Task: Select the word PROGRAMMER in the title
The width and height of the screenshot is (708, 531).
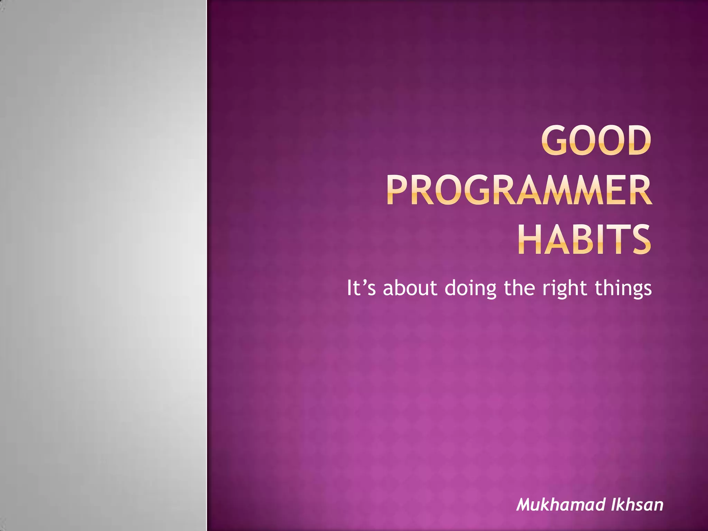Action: pyautogui.click(x=519, y=190)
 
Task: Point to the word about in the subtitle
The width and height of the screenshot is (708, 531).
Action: pyautogui.click(x=410, y=288)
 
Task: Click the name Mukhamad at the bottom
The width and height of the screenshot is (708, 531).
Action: pyautogui.click(x=560, y=504)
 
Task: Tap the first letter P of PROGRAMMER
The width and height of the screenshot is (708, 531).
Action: pyautogui.click(x=397, y=190)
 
